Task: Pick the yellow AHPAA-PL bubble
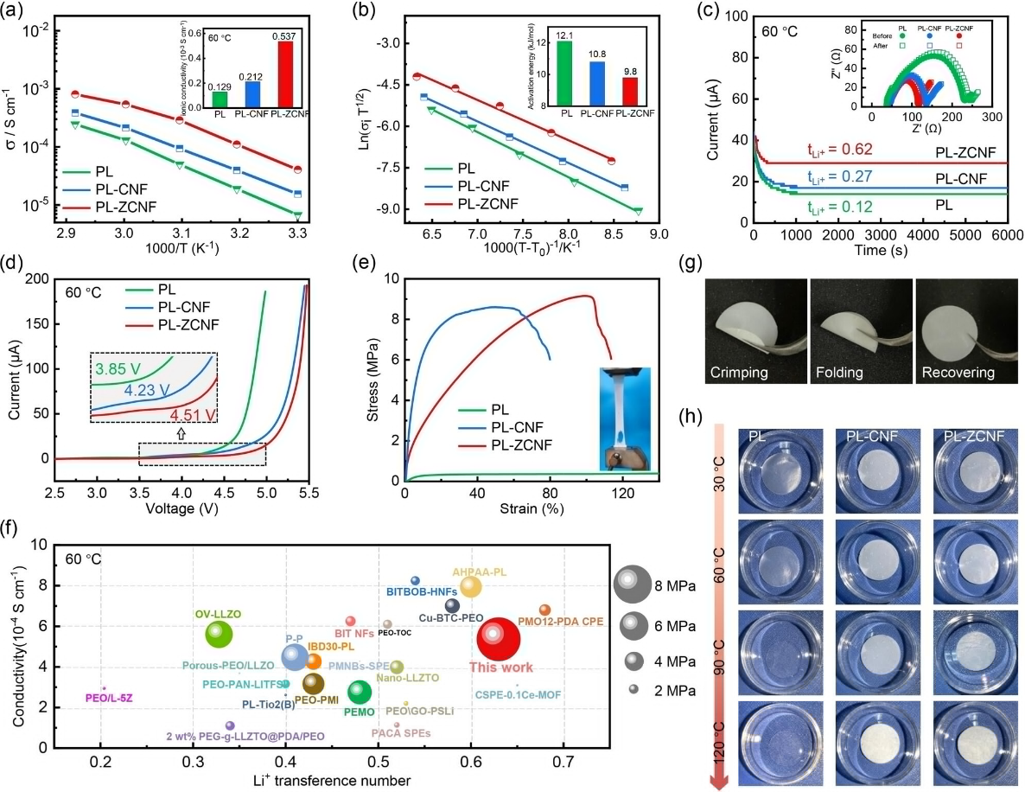pos(471,587)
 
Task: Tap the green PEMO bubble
pos(360,691)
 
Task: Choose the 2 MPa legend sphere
pos(633,689)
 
